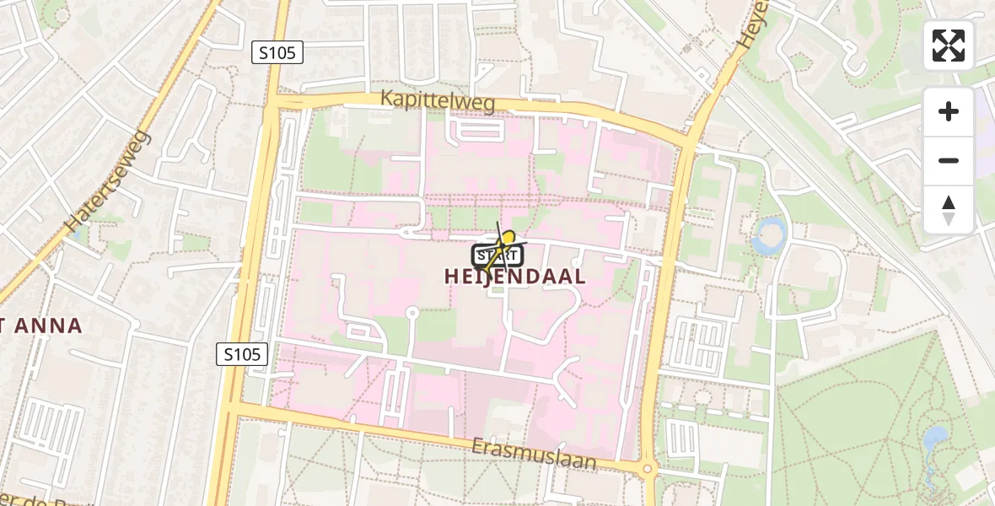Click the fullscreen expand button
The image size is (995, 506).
948,46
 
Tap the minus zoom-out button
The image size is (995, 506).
948,160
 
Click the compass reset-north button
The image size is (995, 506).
948,209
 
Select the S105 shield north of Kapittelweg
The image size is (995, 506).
277,52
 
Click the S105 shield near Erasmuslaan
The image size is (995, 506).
242,354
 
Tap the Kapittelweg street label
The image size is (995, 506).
437,100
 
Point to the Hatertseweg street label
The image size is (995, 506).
108,181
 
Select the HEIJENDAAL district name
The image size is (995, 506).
514,277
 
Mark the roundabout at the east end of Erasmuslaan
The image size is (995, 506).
648,469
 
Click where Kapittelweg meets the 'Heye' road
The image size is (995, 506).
690,140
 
